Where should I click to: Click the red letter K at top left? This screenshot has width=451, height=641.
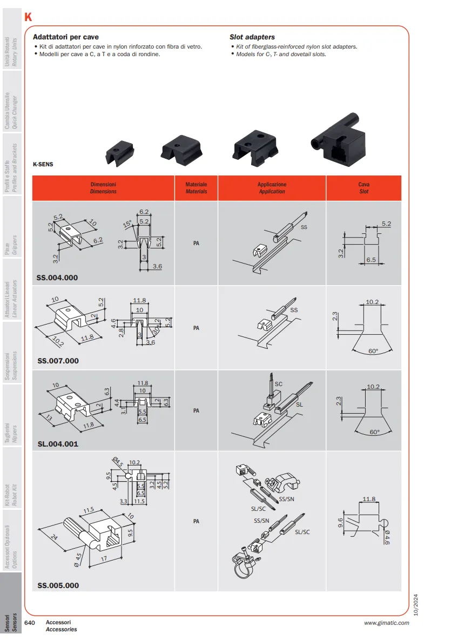pos(28,17)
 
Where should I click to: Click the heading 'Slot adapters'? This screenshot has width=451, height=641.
pos(252,37)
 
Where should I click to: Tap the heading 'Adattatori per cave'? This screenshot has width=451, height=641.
pos(66,37)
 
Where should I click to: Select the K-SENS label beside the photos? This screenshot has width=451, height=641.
pos(43,164)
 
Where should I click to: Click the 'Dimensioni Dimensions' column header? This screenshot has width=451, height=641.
pos(104,188)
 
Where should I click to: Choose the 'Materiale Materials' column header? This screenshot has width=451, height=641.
pos(196,188)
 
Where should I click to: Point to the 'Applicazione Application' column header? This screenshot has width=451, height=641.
pos(272,188)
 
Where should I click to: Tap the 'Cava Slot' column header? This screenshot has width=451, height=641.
pos(364,188)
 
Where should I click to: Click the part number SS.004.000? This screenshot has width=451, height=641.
pos(57,278)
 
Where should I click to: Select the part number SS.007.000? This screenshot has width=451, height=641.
pos(58,361)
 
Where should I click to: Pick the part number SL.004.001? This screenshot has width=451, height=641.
pos(58,443)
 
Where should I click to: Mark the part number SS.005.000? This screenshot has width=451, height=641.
pos(58,585)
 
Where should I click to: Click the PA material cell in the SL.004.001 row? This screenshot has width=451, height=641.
pos(196,410)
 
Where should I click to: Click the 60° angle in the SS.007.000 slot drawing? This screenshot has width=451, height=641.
pos(373,351)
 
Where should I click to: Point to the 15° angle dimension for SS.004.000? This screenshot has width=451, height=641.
pos(127,224)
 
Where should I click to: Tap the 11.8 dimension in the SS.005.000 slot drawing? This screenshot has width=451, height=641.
pos(369,499)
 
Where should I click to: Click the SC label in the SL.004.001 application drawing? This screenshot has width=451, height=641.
pos(279,384)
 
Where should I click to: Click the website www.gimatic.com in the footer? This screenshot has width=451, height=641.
pos(386,623)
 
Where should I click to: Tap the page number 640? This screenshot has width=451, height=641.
pos(30,623)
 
